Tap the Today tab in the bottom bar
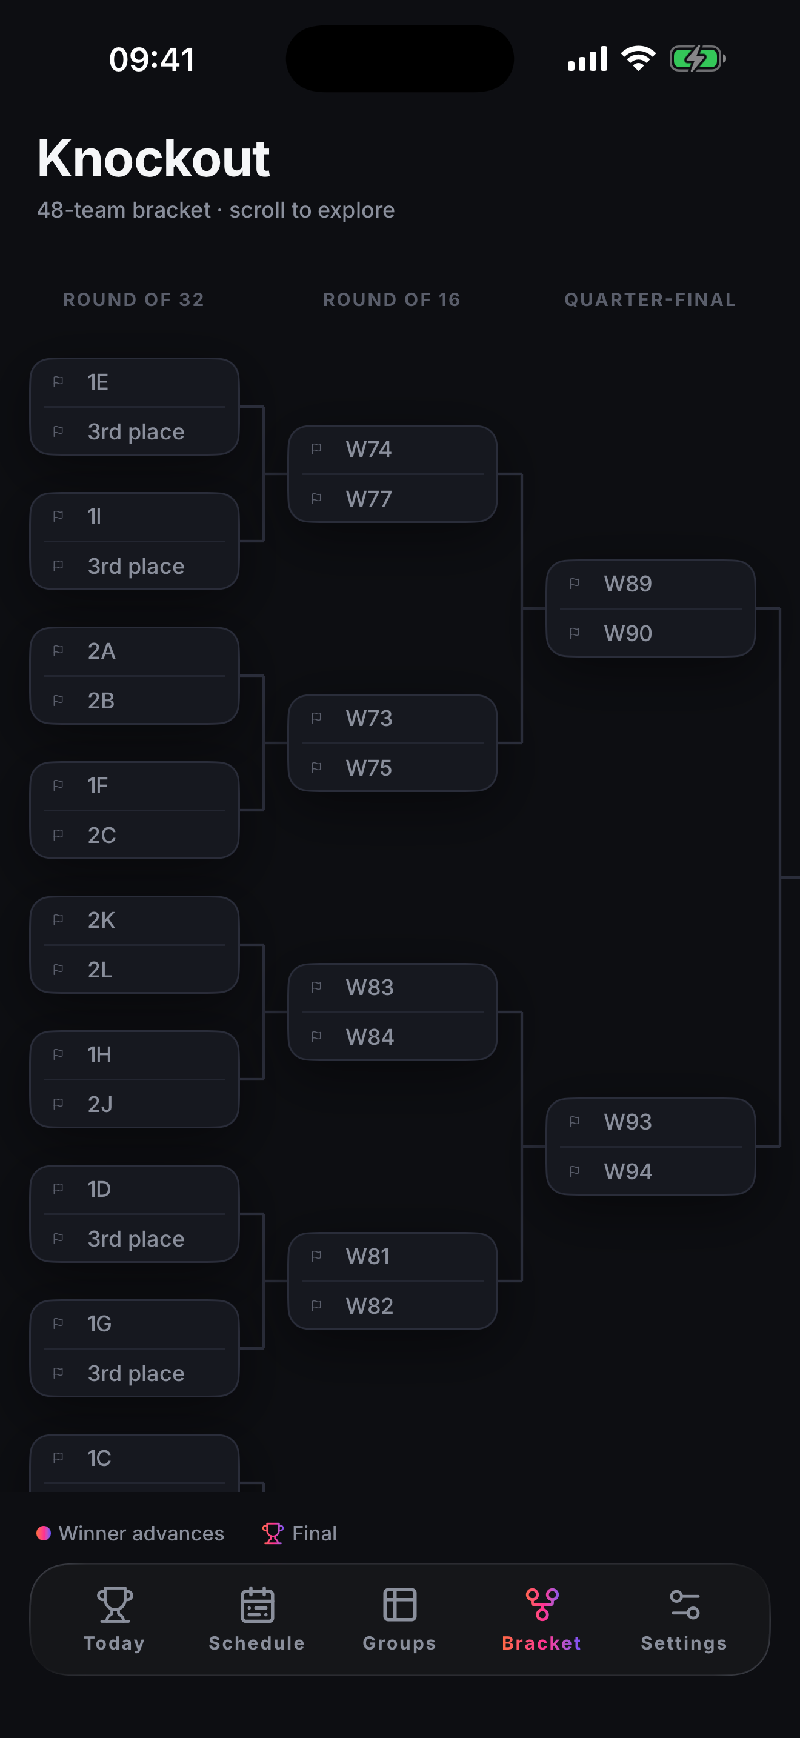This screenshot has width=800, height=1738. pos(114,1619)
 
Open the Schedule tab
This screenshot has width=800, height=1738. pos(256,1619)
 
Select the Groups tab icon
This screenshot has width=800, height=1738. pos(399,1605)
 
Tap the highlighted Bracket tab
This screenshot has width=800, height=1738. pos(542,1619)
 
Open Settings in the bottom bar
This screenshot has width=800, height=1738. pos(684,1619)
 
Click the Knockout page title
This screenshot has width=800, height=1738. pos(154,159)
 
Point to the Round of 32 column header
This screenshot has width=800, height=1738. pos(133,299)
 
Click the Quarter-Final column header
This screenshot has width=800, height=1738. pos(650,299)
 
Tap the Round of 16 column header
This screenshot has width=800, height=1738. pos(392,299)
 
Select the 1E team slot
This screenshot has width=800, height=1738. pos(134,382)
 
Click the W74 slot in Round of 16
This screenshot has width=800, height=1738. pos(393,449)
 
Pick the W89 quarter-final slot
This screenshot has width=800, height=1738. pos(650,584)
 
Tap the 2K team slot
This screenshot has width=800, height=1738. pos(134,921)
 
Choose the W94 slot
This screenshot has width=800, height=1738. pos(650,1171)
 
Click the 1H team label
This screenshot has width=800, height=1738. pos(99,1054)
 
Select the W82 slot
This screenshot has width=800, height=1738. pos(393,1306)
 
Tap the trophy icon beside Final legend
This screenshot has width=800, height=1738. pos(273,1534)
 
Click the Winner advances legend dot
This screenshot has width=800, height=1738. pos(44,1534)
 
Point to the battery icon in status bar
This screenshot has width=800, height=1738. pos(698,59)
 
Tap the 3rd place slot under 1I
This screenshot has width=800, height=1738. pos(134,566)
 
